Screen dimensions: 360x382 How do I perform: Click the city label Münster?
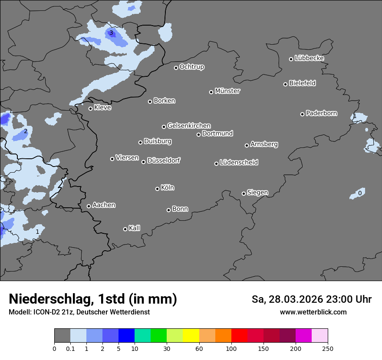pyautogui.click(x=227, y=91)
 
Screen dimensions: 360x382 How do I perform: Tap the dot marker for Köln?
pyautogui.click(x=157, y=189)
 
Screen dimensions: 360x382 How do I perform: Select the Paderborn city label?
pyautogui.click(x=321, y=113)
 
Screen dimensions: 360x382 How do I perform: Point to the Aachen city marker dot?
pyautogui.click(x=89, y=206)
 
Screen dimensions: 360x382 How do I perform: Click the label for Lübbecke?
pyautogui.click(x=309, y=58)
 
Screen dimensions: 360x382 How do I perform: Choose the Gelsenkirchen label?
pyautogui.click(x=189, y=126)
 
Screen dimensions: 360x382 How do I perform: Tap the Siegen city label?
pyautogui.click(x=257, y=193)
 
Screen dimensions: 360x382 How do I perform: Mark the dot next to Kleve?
pyautogui.click(x=90, y=108)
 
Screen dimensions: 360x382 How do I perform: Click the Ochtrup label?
pyautogui.click(x=191, y=67)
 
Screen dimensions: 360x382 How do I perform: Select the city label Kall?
pyautogui.click(x=134, y=228)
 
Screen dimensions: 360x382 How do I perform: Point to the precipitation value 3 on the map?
pyautogui.click(x=111, y=33)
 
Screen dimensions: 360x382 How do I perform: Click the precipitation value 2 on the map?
pyautogui.click(x=26, y=131)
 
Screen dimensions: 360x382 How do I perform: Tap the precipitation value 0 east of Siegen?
pyautogui.click(x=359, y=193)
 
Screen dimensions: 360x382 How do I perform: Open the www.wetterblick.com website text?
pyautogui.click(x=313, y=312)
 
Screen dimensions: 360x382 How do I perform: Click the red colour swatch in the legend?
pyautogui.click(x=239, y=336)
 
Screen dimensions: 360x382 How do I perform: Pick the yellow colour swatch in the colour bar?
pyautogui.click(x=191, y=336)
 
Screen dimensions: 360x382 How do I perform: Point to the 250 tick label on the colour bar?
pyautogui.click(x=327, y=348)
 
